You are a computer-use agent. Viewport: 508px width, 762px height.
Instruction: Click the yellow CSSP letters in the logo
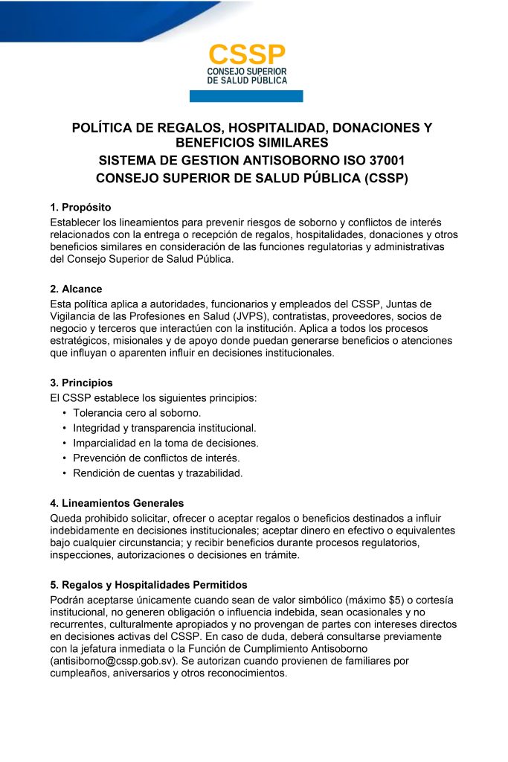coord(246,54)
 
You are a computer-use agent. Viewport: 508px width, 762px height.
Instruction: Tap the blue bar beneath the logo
coord(246,96)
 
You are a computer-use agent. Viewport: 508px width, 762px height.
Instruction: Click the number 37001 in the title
coord(385,161)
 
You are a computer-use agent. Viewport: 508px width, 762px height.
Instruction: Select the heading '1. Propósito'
coord(80,207)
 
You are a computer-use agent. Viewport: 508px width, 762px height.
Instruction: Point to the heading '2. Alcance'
coord(76,289)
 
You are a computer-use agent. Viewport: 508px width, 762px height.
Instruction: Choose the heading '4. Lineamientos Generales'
coord(117,503)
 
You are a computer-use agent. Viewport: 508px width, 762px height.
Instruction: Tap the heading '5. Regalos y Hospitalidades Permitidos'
coord(149,585)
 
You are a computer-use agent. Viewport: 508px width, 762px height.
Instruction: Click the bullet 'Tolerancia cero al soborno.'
coord(137,412)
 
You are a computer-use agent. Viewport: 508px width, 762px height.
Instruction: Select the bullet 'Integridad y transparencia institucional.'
coord(164,428)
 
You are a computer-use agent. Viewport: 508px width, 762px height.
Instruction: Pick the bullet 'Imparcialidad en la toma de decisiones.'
coord(165,443)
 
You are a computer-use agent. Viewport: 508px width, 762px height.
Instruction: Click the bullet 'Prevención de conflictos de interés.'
coord(156,458)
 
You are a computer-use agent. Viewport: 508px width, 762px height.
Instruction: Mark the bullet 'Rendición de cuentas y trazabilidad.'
coord(158,473)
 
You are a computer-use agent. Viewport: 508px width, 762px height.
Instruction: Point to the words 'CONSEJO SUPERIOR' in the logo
coord(246,71)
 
